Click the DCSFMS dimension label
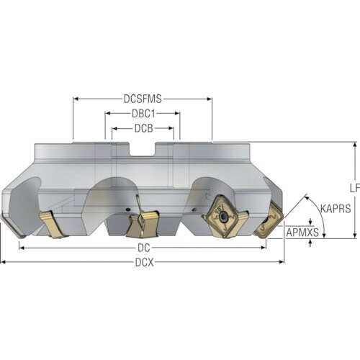[143, 99]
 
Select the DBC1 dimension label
[143, 114]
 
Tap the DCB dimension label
[143, 128]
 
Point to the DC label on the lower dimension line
[144, 248]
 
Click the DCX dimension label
[144, 262]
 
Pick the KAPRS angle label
[336, 209]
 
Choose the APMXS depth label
[302, 232]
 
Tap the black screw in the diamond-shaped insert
[224, 216]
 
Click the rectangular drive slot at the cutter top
[143, 150]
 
